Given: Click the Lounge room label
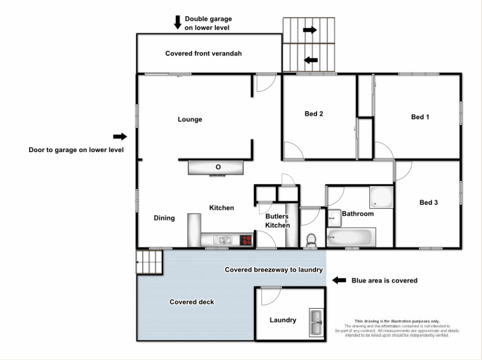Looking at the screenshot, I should pos(190,120).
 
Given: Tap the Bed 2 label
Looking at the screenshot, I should pos(314,114).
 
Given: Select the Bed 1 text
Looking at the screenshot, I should pos(420,117).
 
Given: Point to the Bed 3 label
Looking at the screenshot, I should pos(429,202).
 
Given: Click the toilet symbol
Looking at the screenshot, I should pos(312,240).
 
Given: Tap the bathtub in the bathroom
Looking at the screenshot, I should pos(351,237).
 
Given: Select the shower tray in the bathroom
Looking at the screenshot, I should pos(382,198).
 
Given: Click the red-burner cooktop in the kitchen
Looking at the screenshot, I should pos(246,240).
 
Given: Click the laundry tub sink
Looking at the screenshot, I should pos(316,323).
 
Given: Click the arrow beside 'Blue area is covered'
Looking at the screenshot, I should pos(339,280).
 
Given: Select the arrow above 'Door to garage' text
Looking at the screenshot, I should pos(120,136).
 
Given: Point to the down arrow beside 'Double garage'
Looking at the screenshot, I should pos(178,22).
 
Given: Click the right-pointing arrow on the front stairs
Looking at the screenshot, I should pos(310,30).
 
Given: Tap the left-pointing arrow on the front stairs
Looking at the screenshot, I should pos(311,60).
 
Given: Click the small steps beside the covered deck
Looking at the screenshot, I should pos(150,262).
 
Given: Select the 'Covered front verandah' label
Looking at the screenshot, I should pos(203,53).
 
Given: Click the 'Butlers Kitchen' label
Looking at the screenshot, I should pos(277,221).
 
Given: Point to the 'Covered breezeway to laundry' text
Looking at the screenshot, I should pos(274,270).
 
